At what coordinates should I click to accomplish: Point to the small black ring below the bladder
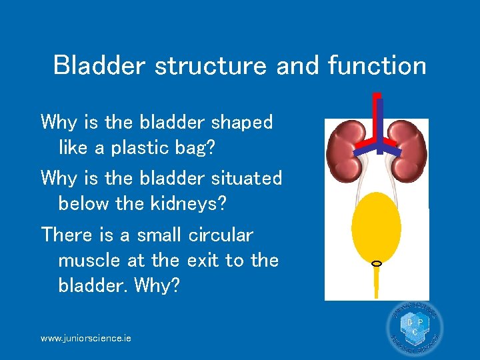tap(376, 264)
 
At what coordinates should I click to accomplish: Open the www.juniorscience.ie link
tap(86, 338)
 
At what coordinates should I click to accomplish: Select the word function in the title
tap(377, 65)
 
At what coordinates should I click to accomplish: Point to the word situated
tap(247, 178)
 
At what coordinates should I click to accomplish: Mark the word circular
tap(221, 235)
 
